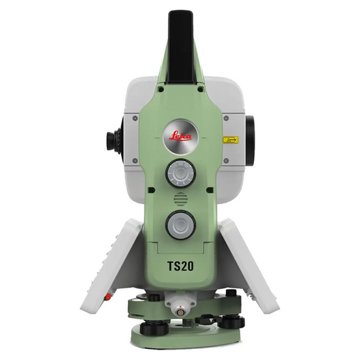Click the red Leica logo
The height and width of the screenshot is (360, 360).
[179, 137]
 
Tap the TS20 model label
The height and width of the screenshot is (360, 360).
[180, 266]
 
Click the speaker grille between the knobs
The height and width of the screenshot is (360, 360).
[179, 200]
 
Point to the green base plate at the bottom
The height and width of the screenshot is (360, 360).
[180, 339]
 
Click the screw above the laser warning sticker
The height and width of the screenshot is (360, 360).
[225, 118]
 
